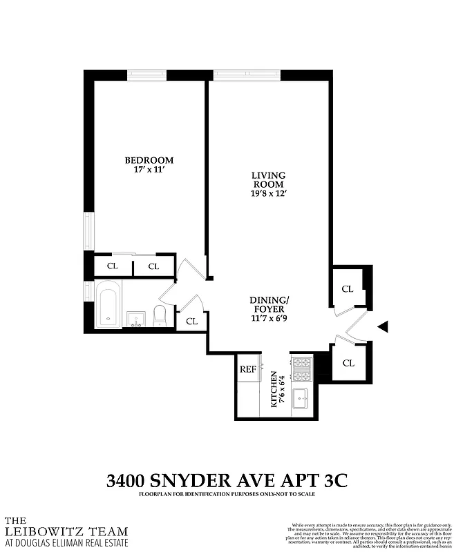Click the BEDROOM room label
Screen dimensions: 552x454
149,160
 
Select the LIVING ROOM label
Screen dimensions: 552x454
267,180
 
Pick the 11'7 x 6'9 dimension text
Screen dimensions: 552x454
269,319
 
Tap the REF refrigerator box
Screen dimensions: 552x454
248,369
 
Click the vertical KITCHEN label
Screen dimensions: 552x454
274,391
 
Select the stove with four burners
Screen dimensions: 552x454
301,369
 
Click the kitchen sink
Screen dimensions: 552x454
301,399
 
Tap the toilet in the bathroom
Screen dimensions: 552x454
160,315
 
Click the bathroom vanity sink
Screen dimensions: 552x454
136,319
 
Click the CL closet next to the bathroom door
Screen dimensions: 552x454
191,321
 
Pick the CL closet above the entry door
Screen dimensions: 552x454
348,289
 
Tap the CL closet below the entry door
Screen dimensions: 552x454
348,362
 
